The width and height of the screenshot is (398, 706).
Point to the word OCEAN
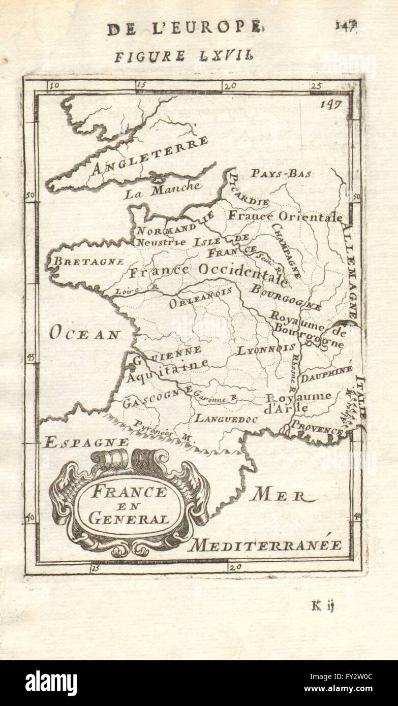click(x=85, y=333)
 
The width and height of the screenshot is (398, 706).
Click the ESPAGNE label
click(x=86, y=442)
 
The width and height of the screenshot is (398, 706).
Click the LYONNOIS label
click(x=266, y=349)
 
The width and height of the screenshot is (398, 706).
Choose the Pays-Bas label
click(x=281, y=173)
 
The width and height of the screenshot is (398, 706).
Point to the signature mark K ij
click(x=323, y=605)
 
